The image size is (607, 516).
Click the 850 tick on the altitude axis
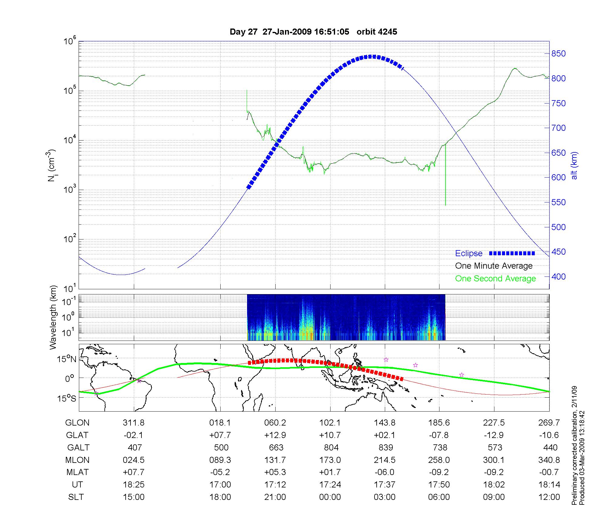[x=558, y=54]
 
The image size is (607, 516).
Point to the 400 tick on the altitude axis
[x=558, y=277]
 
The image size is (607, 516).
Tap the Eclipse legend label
[x=469, y=253]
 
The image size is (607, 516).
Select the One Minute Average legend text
[x=494, y=266]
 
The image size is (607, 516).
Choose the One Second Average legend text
[x=495, y=279]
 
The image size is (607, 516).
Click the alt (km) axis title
[x=574, y=165]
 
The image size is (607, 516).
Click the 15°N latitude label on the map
[x=67, y=359]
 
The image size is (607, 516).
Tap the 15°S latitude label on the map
[x=67, y=398]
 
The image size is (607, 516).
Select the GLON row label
[x=77, y=423]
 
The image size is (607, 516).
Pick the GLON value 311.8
[x=134, y=423]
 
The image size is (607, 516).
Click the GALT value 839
[x=385, y=448]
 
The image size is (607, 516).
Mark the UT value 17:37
[x=385, y=485]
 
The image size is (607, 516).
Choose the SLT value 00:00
[x=330, y=497]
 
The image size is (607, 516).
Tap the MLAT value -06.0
[x=385, y=472]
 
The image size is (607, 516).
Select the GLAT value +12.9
[x=275, y=435]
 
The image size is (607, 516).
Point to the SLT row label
[x=76, y=497]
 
